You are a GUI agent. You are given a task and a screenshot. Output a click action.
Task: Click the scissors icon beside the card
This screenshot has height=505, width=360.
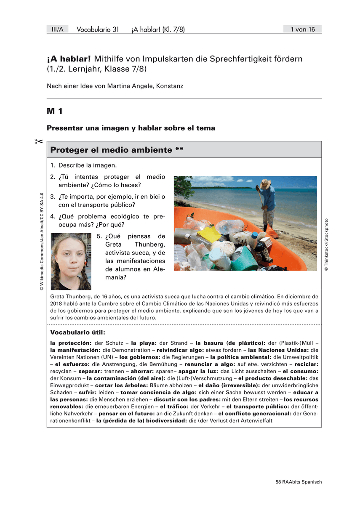click(38, 141)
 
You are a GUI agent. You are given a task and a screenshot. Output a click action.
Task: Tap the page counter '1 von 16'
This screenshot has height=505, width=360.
click(302, 29)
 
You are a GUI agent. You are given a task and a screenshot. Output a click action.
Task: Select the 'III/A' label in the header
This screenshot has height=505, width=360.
click(57, 29)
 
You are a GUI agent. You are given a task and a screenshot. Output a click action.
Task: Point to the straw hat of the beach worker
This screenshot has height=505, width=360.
click(266, 183)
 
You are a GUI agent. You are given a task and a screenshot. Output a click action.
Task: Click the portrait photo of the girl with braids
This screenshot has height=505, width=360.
click(71, 261)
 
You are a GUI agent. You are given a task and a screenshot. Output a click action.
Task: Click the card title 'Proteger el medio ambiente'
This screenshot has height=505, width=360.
click(111, 150)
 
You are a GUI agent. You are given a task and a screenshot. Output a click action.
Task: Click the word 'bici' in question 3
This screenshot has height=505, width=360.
click(150, 197)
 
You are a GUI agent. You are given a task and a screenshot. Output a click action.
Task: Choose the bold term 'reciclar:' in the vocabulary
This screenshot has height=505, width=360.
click(307, 364)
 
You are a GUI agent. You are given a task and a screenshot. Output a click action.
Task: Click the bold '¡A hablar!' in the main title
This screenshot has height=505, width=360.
click(69, 59)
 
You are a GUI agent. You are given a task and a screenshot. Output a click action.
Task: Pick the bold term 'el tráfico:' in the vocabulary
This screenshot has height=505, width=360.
click(174, 407)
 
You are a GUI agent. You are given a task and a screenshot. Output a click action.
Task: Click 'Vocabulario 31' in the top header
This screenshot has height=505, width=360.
click(98, 29)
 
